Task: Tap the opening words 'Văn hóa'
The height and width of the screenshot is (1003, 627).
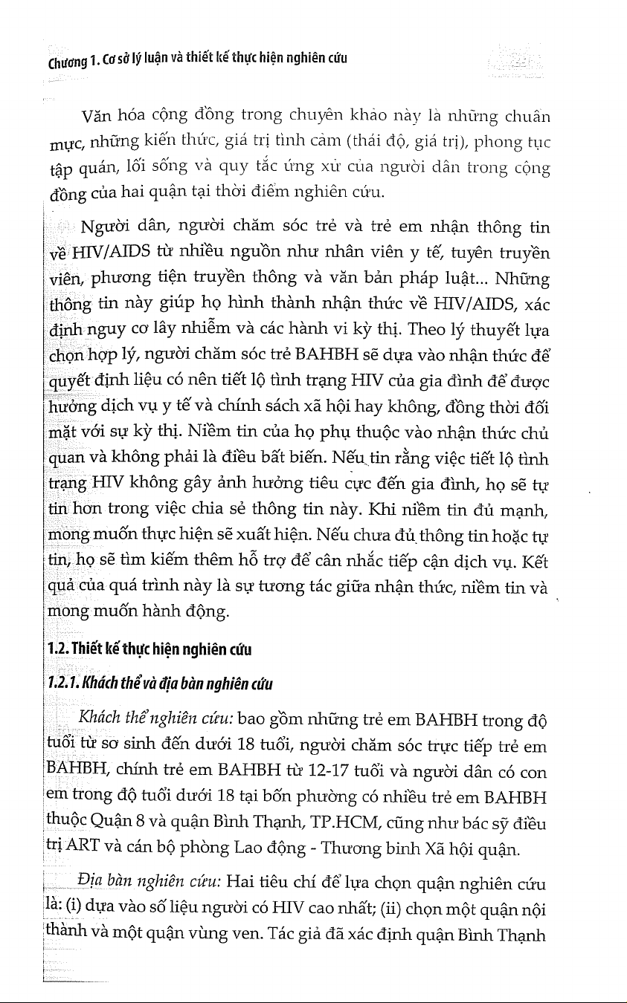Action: pyautogui.click(x=111, y=117)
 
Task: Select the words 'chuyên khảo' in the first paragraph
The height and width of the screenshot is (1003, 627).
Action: pyautogui.click(x=311, y=115)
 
